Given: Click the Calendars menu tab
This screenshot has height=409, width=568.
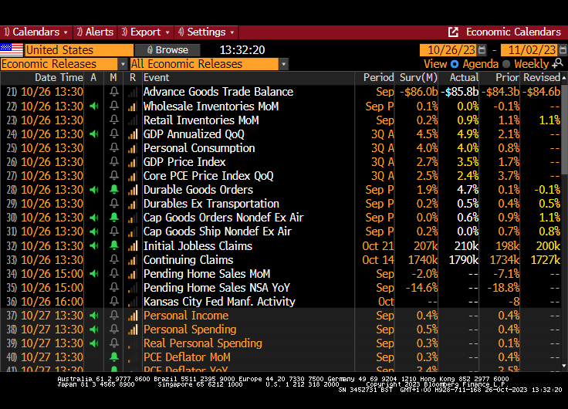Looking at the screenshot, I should tap(35, 32).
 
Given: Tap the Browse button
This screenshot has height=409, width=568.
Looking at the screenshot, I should tap(167, 49).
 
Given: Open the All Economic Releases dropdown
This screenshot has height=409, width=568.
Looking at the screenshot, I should tap(208, 64).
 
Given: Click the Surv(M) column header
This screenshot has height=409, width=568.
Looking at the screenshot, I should tap(418, 78).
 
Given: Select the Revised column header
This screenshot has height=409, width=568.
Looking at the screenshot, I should tap(541, 78).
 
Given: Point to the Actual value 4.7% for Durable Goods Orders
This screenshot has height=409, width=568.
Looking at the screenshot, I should tap(463, 190).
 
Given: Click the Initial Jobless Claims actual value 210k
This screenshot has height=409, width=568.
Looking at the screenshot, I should tap(463, 246).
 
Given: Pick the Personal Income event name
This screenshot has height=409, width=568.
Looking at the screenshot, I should tap(186, 316).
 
